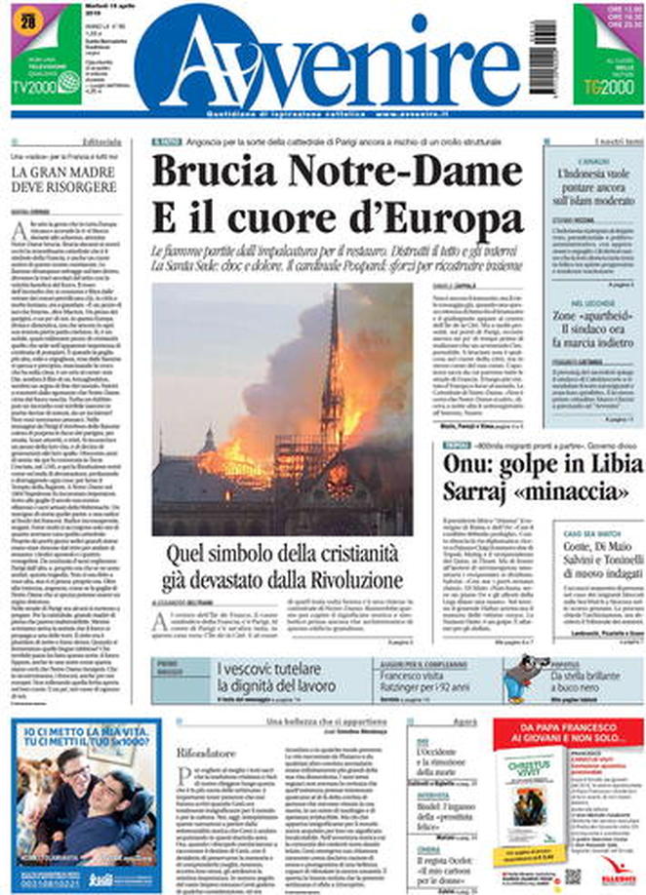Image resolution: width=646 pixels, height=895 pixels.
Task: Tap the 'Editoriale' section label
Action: coord(101,141)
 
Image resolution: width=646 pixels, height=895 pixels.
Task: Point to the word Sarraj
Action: coord(477,490)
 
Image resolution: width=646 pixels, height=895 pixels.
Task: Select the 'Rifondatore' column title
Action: coord(206,753)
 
